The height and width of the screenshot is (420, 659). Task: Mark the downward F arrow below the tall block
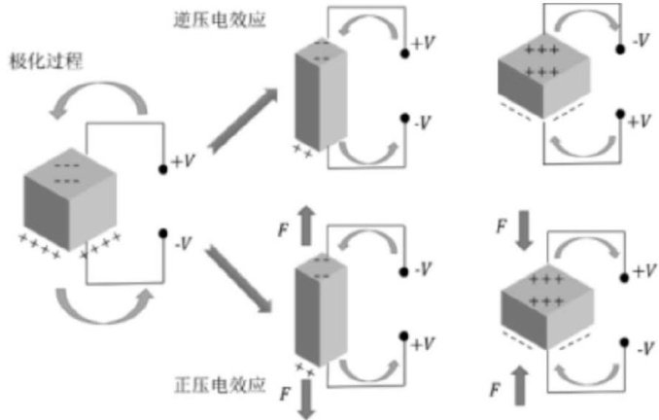[308, 397]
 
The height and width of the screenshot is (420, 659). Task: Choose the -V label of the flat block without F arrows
[641, 42]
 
